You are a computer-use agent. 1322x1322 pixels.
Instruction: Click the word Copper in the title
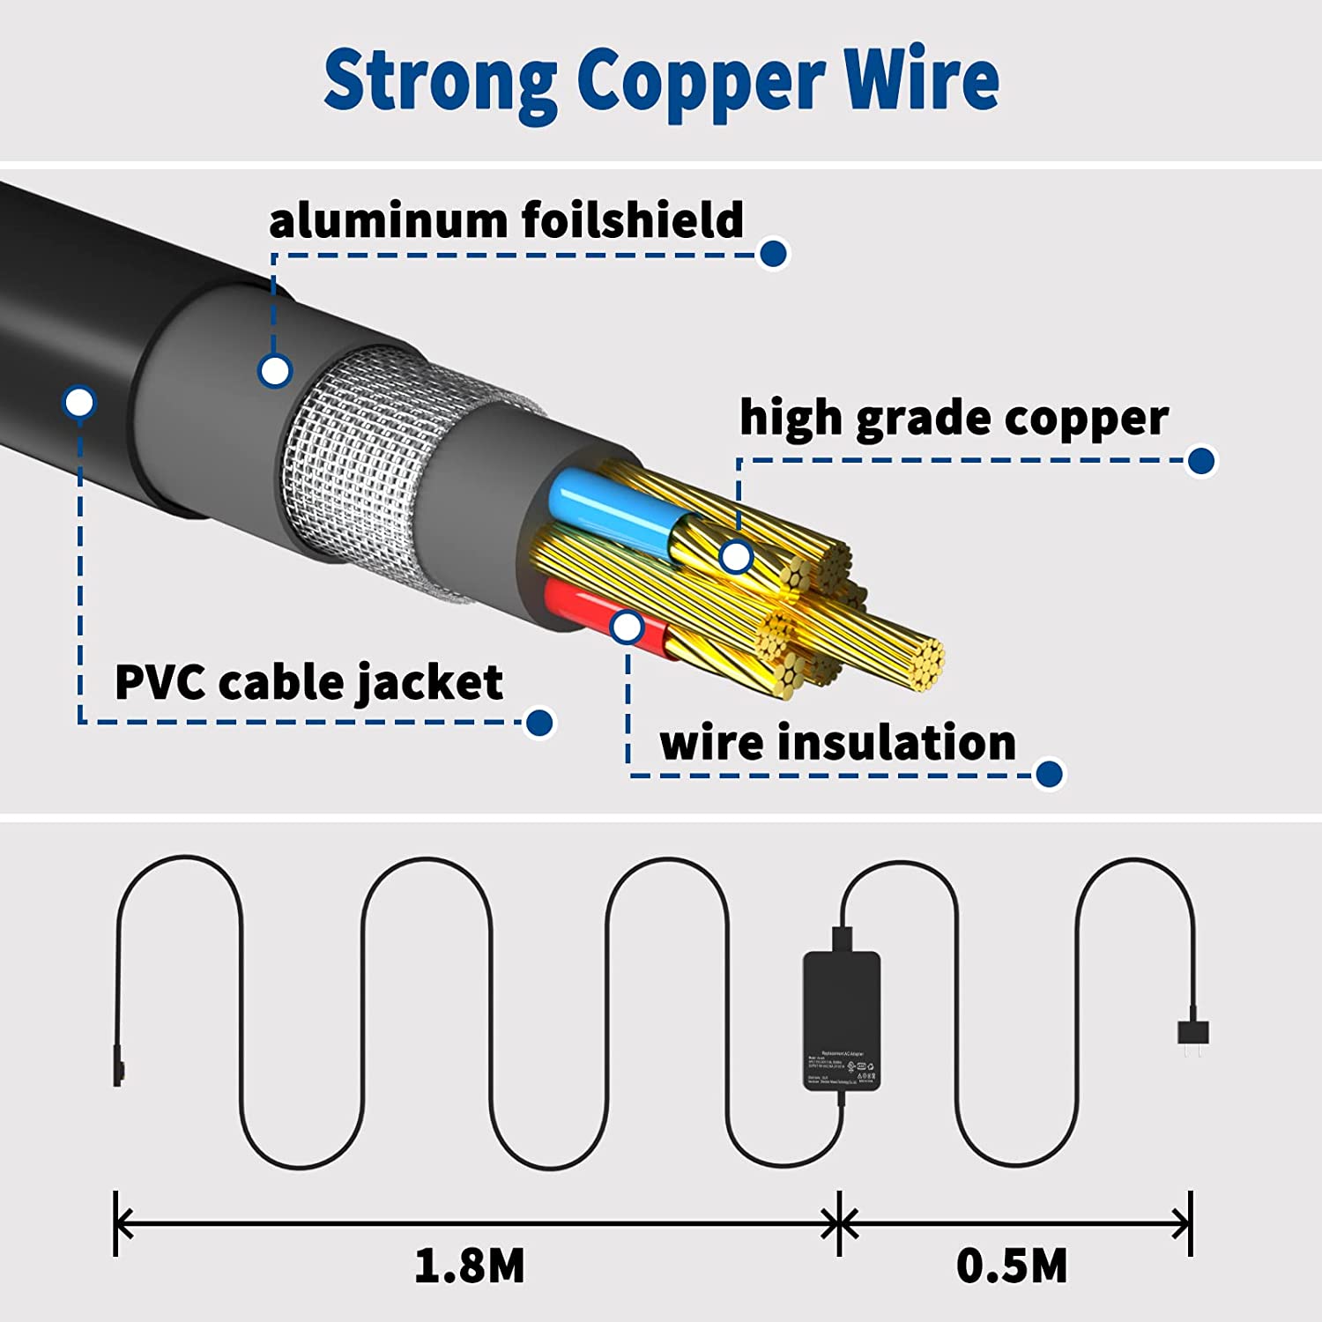click(x=702, y=81)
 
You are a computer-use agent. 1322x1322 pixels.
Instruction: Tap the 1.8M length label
click(x=470, y=1266)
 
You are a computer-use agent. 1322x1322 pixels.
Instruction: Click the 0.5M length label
click(x=1012, y=1266)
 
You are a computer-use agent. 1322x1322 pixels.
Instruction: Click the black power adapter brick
click(x=842, y=1020)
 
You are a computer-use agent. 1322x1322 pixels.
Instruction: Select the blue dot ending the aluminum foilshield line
click(x=773, y=254)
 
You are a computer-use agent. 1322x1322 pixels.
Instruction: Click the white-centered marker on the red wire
click(x=627, y=628)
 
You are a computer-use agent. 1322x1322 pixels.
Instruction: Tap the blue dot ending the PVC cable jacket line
click(x=539, y=723)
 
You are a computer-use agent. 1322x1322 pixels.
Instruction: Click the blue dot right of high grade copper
click(x=1201, y=460)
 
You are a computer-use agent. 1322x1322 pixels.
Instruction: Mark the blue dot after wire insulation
click(x=1049, y=775)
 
